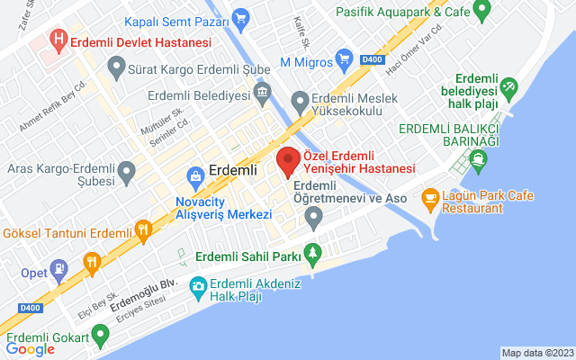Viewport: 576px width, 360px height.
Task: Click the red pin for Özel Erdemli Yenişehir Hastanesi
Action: [x=289, y=162]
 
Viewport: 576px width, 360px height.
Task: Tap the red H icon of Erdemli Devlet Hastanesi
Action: [x=58, y=41]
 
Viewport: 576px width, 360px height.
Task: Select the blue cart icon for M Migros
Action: [x=344, y=61]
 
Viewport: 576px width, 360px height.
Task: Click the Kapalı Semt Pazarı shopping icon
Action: [x=239, y=17]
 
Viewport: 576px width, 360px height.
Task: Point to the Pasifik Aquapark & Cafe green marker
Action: [x=481, y=12]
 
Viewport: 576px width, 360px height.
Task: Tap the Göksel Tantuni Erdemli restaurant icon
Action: [x=142, y=232]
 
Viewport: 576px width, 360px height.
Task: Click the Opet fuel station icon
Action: [x=58, y=267]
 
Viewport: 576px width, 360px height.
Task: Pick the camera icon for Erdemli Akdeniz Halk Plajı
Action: [x=198, y=288]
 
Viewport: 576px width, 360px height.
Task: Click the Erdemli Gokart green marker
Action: [x=99, y=337]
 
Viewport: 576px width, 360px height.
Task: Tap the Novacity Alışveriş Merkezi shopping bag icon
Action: [x=193, y=175]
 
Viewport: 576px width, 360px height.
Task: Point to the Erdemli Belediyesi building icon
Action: [x=262, y=93]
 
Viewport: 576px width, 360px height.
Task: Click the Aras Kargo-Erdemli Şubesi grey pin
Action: [x=126, y=170]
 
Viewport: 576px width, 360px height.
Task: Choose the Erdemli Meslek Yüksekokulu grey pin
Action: [x=301, y=101]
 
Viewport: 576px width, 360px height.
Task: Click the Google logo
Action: [x=31, y=349]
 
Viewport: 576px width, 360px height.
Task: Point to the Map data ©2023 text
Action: [x=536, y=353]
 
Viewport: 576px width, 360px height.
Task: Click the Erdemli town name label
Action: [x=233, y=169]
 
